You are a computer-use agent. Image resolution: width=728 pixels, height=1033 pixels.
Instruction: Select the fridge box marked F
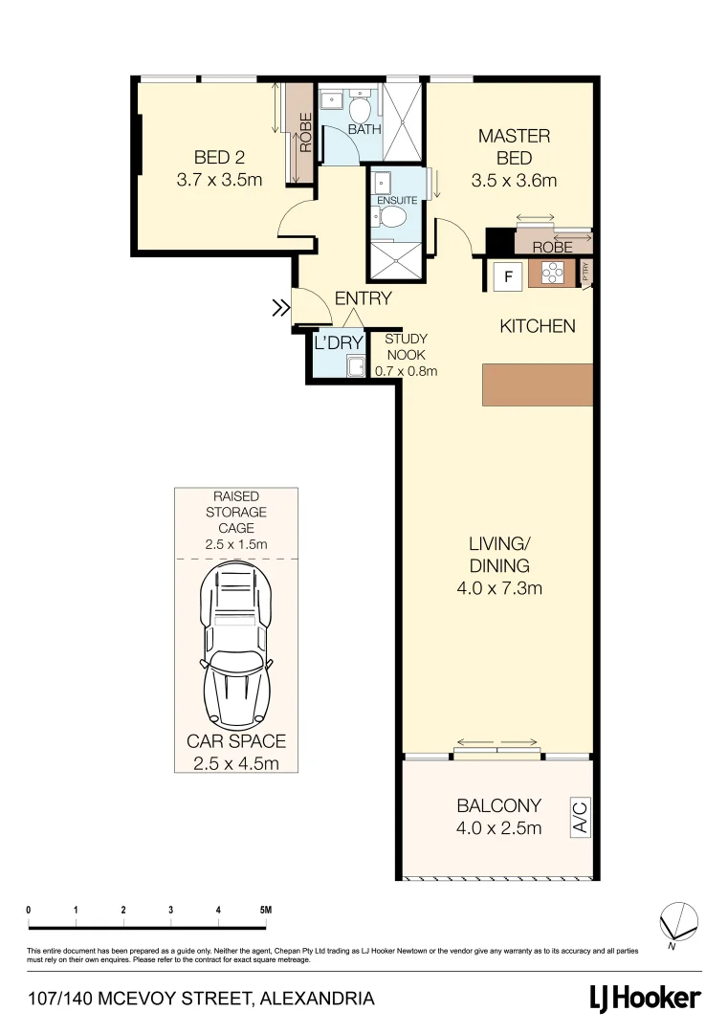(x=509, y=278)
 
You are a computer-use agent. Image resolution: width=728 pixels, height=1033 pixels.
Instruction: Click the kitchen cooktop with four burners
(x=553, y=275)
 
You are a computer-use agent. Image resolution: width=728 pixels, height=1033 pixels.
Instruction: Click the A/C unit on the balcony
(x=580, y=819)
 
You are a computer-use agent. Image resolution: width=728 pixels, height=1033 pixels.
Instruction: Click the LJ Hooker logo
(x=644, y=999)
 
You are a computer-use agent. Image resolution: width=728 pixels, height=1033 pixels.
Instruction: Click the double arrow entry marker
(x=280, y=308)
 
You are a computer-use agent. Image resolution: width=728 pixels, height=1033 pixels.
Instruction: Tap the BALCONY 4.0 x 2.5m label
(x=498, y=816)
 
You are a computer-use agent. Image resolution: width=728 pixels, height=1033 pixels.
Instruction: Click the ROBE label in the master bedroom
(x=552, y=247)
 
